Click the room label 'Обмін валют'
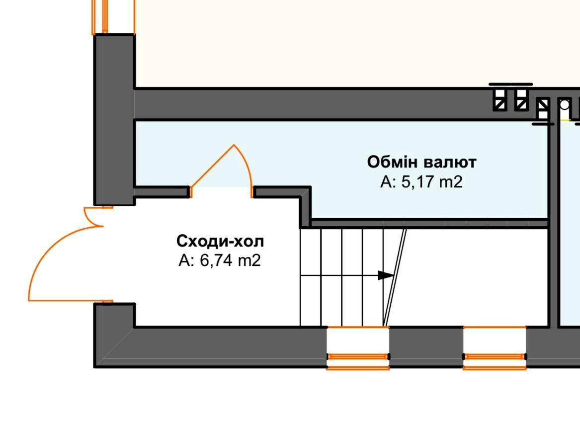(x=421, y=162)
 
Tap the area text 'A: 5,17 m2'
(x=421, y=182)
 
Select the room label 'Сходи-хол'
(x=220, y=242)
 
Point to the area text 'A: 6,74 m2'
(x=220, y=260)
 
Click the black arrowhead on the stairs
(x=385, y=275)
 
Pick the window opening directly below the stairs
(x=358, y=348)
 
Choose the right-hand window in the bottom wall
(x=495, y=348)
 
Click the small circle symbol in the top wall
(x=564, y=105)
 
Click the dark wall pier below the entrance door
(x=114, y=314)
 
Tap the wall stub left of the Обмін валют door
(x=162, y=192)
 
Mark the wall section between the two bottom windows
(x=426, y=346)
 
